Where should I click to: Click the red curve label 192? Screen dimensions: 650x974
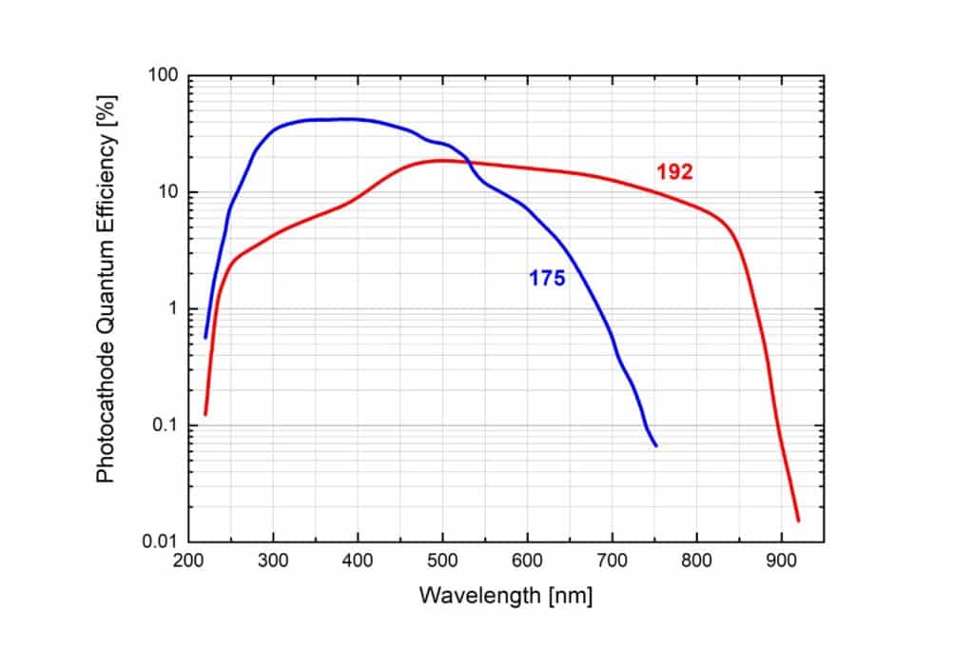point(674,172)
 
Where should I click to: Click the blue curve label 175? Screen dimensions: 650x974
point(547,279)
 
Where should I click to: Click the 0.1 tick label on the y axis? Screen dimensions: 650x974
point(166,425)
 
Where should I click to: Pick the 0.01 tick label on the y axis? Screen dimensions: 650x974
point(161,542)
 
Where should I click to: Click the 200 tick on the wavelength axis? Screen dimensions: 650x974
point(188,561)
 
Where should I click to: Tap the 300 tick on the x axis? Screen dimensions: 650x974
point(273,561)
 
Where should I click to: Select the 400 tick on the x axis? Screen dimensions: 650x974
point(358,561)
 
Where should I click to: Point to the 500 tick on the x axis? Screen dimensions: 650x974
point(442,561)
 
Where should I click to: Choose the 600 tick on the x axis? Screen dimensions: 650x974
point(527,561)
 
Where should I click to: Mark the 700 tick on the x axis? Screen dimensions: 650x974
point(612,561)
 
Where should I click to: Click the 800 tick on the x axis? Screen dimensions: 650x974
point(696,561)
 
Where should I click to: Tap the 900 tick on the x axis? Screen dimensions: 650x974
point(781,561)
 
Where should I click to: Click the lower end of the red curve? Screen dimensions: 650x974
point(798,520)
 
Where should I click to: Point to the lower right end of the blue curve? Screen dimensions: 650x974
point(655,444)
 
